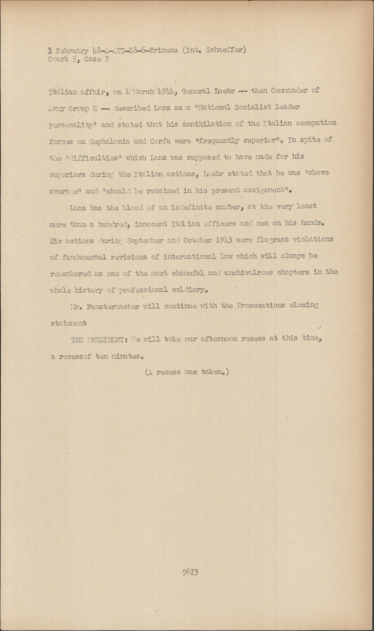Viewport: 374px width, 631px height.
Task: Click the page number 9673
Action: [190, 572]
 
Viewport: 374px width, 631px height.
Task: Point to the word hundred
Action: [114, 224]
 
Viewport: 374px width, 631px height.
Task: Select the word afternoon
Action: [215, 339]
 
